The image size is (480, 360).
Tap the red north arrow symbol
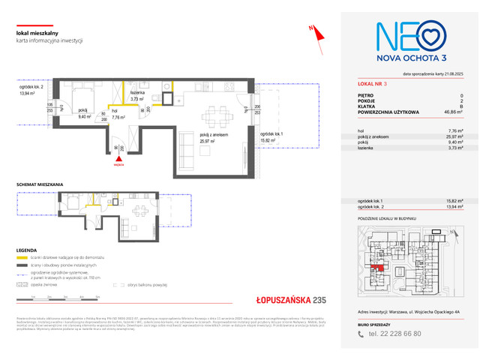point(316,30)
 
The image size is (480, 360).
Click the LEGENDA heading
point(28,250)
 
